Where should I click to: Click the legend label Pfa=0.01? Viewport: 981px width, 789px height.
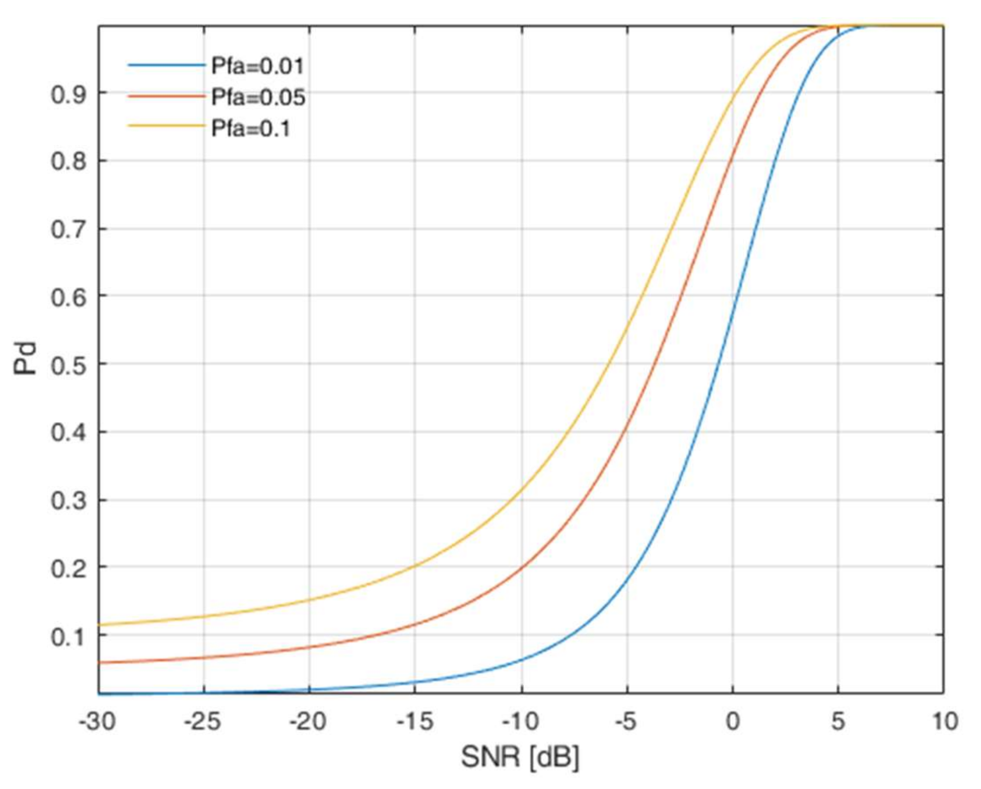pyautogui.click(x=257, y=67)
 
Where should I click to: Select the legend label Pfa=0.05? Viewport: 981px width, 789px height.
pyautogui.click(x=258, y=98)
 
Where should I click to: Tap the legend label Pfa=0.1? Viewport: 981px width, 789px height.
pyautogui.click(x=251, y=129)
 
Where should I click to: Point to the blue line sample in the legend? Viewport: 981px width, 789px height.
pyautogui.click(x=166, y=65)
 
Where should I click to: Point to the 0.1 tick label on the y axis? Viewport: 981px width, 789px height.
pyautogui.click(x=68, y=637)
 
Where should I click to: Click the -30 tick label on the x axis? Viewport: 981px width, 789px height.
pyautogui.click(x=97, y=722)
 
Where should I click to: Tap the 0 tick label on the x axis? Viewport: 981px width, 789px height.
pyautogui.click(x=732, y=722)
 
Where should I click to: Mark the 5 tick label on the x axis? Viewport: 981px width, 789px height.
pyautogui.click(x=838, y=722)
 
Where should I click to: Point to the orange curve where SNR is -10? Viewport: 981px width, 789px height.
pyautogui.click(x=522, y=567)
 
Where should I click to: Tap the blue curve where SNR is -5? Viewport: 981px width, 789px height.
pyautogui.click(x=627, y=581)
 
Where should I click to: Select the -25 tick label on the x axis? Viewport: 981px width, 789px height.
pyautogui.click(x=202, y=722)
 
